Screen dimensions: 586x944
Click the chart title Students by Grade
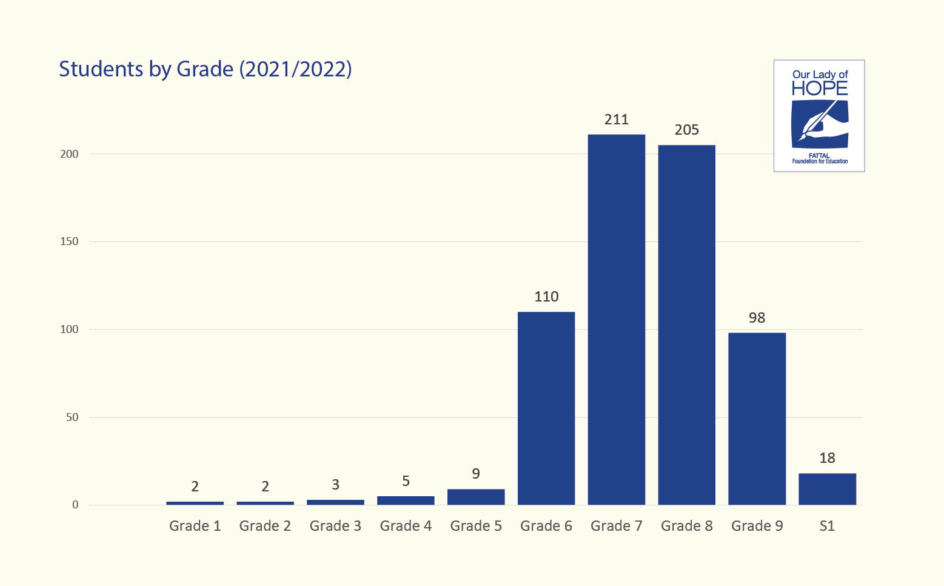point(205,69)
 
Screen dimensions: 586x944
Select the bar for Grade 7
point(617,319)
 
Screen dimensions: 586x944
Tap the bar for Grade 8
point(687,325)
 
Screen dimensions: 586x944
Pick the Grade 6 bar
point(546,408)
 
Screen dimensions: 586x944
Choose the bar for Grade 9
point(757,419)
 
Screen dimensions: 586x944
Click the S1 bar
point(827,489)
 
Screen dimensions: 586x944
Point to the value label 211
point(617,120)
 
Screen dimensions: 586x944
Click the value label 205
point(687,130)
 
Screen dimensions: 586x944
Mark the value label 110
point(546,297)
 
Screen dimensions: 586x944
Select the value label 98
point(757,318)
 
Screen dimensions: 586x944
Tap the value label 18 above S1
point(827,458)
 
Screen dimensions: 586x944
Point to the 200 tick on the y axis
point(70,154)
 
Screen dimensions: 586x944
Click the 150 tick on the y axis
point(70,241)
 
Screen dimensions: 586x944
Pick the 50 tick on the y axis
point(72,417)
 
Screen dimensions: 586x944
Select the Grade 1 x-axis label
point(195,526)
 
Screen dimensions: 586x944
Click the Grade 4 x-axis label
point(406,526)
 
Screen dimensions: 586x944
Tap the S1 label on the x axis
point(827,526)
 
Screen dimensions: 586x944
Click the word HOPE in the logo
point(820,89)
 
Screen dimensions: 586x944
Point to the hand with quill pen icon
point(820,124)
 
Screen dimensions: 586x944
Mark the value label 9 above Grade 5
point(476,474)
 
